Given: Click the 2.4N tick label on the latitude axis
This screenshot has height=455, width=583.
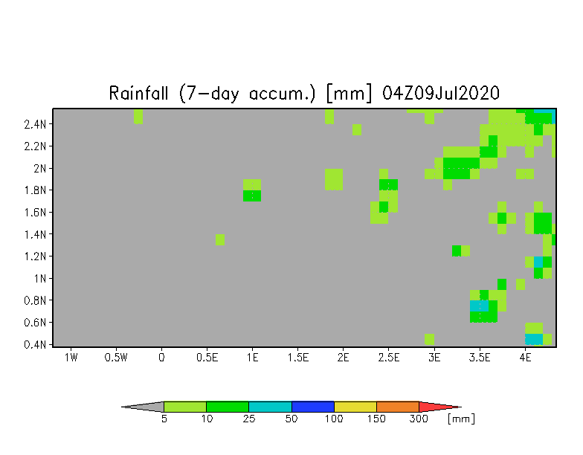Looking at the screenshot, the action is pyautogui.click(x=35, y=124).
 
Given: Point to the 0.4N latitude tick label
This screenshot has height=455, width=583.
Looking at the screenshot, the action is pyautogui.click(x=35, y=345).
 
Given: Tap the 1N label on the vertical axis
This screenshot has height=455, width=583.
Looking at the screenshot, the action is pyautogui.click(x=40, y=278).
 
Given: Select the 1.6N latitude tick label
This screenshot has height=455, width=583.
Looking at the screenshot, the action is pyautogui.click(x=35, y=213).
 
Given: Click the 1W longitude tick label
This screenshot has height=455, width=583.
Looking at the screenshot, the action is pyautogui.click(x=71, y=358).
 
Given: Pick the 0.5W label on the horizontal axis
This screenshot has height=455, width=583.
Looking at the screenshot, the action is pyautogui.click(x=116, y=358).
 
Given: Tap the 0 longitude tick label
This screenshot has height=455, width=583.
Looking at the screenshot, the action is pyautogui.click(x=161, y=358).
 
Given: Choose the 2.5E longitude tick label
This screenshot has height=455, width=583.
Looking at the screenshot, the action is pyautogui.click(x=388, y=358).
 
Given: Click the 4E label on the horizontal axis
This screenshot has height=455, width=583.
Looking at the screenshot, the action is pyautogui.click(x=525, y=358).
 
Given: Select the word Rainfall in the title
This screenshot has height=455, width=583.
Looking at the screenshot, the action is pyautogui.click(x=138, y=93).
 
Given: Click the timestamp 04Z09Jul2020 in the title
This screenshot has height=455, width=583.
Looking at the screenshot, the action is pyautogui.click(x=440, y=93).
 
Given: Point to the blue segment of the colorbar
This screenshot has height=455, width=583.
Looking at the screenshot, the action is pyautogui.click(x=312, y=407).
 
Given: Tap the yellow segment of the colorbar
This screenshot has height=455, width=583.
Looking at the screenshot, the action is pyautogui.click(x=355, y=407).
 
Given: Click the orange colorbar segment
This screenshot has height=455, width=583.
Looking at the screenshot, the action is pyautogui.click(x=398, y=407).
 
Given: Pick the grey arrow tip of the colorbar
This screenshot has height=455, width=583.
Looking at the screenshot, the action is pyautogui.click(x=143, y=407).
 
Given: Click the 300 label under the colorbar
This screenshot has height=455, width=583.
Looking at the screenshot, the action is pyautogui.click(x=419, y=419).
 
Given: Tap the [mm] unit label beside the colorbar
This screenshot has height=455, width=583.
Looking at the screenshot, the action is pyautogui.click(x=461, y=419).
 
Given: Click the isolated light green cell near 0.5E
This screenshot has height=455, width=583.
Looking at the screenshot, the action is pyautogui.click(x=220, y=239).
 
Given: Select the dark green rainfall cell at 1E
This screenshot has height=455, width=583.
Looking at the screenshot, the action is pyautogui.click(x=252, y=196).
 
